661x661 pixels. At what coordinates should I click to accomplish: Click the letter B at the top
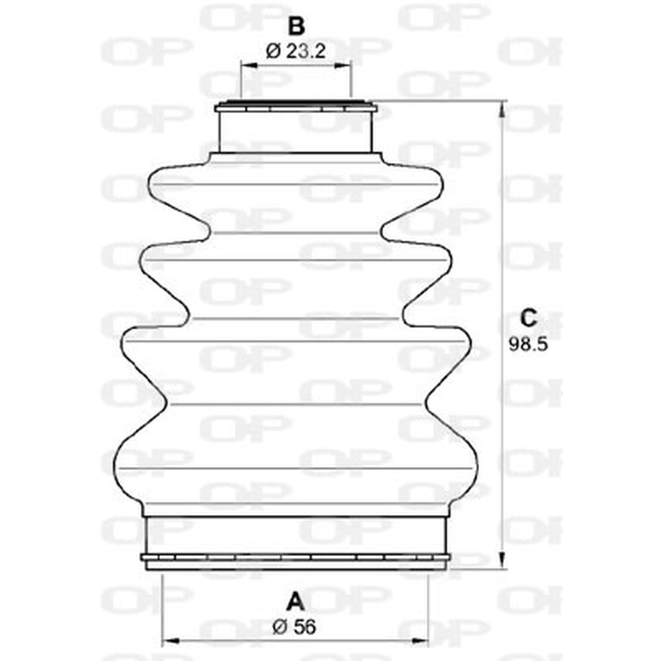tap(296, 26)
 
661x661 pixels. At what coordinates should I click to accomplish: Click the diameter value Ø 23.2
tap(296, 51)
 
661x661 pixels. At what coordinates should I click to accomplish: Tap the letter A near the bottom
tap(295, 602)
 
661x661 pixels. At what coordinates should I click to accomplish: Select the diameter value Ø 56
tap(294, 627)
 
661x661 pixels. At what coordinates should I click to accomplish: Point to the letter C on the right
tap(528, 318)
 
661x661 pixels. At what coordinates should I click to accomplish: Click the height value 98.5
tap(528, 344)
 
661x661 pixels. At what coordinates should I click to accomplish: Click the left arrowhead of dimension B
tap(249, 65)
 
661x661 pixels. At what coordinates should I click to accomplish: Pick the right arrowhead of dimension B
tap(342, 65)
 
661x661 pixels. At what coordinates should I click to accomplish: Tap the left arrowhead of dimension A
tap(170, 641)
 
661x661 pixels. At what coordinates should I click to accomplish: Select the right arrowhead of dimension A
tap(420, 641)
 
